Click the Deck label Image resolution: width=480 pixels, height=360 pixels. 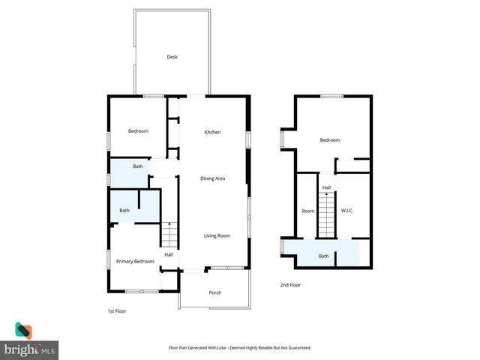172,57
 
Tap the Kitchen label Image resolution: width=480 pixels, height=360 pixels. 213,132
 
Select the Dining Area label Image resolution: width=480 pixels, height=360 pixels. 213,178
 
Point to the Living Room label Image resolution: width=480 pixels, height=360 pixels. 217,235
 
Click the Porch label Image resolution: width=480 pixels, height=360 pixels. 214,292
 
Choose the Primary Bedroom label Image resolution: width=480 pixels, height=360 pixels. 135,261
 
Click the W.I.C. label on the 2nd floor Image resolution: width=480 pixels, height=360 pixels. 346,211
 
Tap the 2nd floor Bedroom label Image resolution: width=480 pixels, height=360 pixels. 330,140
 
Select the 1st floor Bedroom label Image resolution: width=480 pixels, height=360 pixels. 138,131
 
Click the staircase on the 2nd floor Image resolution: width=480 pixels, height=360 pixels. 325,214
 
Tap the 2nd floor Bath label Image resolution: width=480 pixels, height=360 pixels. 324,256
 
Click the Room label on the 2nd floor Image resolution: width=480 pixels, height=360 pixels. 308,211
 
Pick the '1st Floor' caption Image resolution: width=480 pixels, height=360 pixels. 117,310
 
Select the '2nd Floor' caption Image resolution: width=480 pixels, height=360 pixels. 290,285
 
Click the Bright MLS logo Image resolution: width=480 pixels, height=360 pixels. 30,342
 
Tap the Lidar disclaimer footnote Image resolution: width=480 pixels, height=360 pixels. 239,348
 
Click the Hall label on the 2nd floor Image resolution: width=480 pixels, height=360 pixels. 327,187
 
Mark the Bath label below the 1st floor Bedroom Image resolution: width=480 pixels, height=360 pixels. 138,166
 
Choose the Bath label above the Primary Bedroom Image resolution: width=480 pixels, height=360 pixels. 124,210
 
